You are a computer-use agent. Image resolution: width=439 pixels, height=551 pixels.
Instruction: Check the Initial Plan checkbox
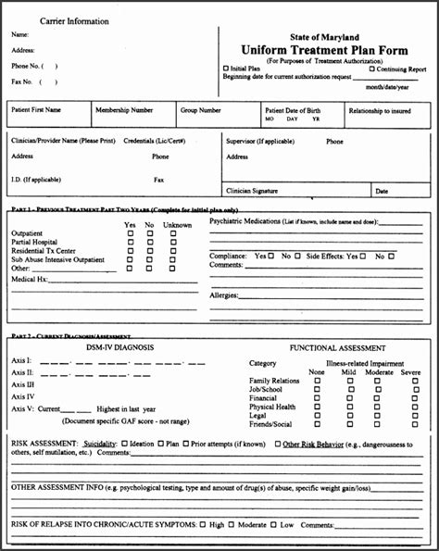pos(226,69)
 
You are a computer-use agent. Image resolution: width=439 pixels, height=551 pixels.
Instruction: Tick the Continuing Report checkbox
pos(371,69)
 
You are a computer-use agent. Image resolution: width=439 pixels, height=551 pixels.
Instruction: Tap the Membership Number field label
pos(123,110)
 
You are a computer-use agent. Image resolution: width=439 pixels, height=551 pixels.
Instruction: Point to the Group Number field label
pos(200,110)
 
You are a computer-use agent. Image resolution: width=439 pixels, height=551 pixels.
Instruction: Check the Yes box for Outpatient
pos(130,233)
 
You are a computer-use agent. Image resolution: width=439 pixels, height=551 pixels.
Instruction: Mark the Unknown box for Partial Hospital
pos(173,243)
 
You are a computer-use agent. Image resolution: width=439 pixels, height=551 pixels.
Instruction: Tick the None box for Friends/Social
pos(316,423)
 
